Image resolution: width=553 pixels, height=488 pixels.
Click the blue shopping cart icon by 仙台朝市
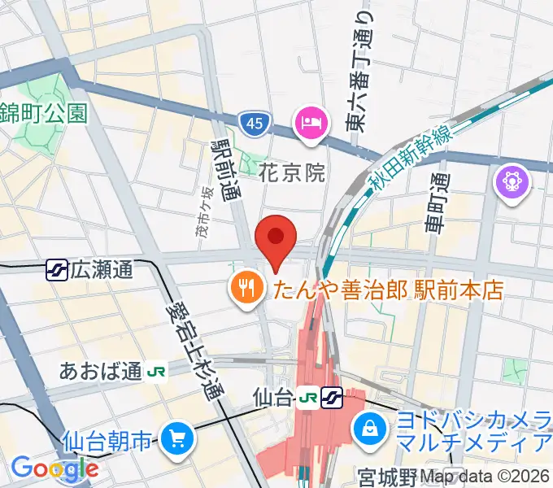[x=176, y=440]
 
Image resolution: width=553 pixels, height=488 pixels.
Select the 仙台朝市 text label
[x=107, y=442]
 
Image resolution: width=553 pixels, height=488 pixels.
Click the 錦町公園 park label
[x=43, y=112]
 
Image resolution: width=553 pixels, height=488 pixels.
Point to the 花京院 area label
[x=293, y=173]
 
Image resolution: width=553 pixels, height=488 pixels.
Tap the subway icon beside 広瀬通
[x=56, y=269]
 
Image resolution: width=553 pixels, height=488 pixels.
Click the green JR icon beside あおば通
[x=157, y=373]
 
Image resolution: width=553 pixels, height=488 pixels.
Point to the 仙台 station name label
[x=273, y=398]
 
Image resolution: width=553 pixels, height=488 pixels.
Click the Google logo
[x=54, y=468]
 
